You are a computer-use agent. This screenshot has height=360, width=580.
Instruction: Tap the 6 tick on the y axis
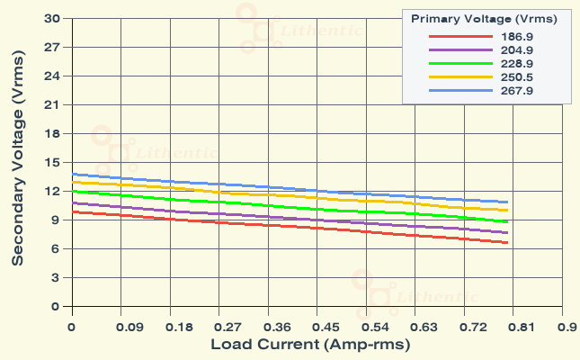[55, 248]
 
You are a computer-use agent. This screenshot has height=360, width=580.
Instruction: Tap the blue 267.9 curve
[270, 187]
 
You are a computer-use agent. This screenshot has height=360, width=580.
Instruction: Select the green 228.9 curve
[270, 204]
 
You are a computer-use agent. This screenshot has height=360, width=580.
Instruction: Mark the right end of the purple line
[507, 233]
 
